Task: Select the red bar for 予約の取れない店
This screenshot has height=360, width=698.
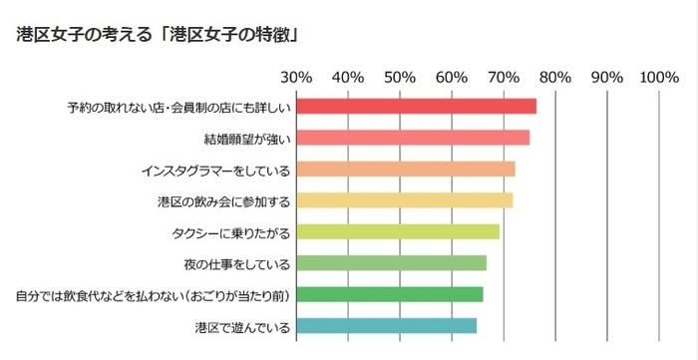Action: click(416, 107)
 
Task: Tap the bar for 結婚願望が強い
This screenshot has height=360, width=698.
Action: click(413, 138)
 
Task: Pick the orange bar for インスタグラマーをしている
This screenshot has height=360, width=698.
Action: click(406, 170)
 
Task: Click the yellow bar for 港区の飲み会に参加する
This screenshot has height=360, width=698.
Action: click(405, 200)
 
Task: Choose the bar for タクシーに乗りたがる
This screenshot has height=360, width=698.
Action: click(398, 232)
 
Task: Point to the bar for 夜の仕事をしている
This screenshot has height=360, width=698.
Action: click(391, 263)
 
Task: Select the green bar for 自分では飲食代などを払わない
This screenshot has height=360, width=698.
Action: click(389, 295)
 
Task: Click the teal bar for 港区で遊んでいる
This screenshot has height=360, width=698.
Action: click(386, 326)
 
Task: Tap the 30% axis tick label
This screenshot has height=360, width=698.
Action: click(296, 77)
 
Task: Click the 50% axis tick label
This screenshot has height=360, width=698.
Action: click(400, 77)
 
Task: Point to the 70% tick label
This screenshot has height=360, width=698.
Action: click(504, 77)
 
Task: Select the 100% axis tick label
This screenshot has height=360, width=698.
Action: click(659, 77)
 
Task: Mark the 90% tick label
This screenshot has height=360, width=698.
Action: click(607, 77)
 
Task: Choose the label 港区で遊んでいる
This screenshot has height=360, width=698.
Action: click(241, 327)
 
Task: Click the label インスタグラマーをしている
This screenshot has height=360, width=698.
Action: click(215, 170)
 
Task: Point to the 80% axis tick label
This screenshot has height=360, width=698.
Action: click(555, 77)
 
